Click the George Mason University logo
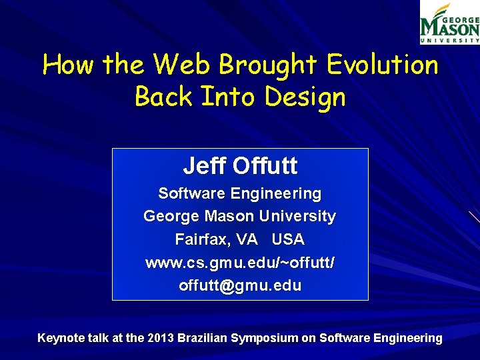point(449,23)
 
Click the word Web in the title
point(181,65)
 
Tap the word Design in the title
point(305,97)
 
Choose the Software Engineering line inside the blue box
point(239,194)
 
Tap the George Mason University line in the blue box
point(239,217)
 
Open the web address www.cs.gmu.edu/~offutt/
point(239,263)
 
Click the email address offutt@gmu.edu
point(239,286)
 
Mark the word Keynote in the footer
point(61,338)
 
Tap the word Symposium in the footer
point(265,338)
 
